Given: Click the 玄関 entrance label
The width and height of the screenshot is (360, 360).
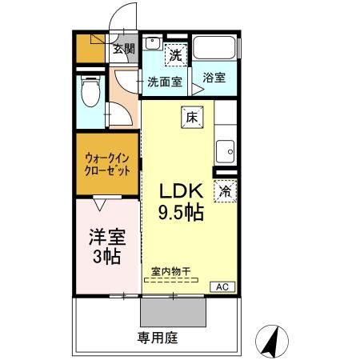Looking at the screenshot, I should (122, 48).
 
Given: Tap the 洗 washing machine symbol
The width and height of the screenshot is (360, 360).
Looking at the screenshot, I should (177, 56).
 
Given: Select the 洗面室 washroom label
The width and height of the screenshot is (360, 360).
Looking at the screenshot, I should (165, 81).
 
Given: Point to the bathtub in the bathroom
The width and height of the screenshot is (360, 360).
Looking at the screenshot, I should (215, 48).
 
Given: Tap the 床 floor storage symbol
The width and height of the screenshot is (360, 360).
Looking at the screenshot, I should (192, 117).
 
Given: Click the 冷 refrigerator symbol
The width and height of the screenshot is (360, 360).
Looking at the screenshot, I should (226, 192).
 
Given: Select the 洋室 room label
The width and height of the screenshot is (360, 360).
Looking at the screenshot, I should (106, 238).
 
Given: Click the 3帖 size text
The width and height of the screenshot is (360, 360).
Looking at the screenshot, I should (106, 258).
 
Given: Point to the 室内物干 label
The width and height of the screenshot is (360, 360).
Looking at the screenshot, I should (170, 271).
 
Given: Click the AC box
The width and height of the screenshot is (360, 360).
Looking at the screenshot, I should (222, 286).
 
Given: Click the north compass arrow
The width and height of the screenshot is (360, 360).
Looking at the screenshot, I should (270, 341).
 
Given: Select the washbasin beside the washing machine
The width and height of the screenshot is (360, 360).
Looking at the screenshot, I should (153, 46).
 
